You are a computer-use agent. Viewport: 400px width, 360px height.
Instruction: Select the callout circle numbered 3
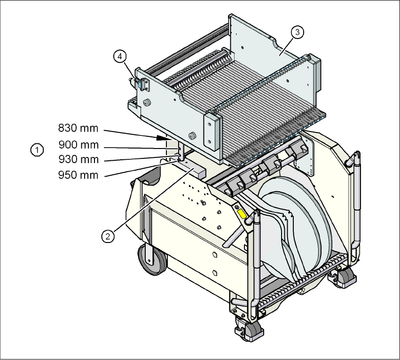[297, 32]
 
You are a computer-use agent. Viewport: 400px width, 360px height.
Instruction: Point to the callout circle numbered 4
[120, 56]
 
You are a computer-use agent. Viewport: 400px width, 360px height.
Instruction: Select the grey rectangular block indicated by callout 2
[193, 169]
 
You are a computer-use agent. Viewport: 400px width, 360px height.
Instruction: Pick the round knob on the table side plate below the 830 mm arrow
[192, 137]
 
